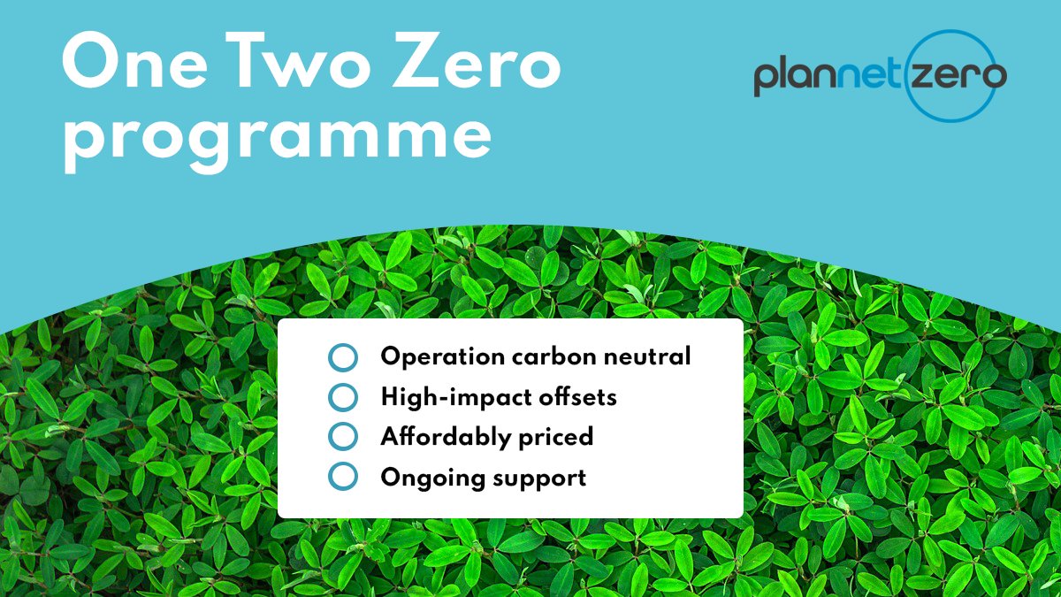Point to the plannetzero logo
point(880,76)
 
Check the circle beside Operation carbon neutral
point(342,358)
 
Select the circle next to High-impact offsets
point(342,398)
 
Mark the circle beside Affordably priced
point(342,437)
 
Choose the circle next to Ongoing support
point(342,478)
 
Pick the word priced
point(555,438)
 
